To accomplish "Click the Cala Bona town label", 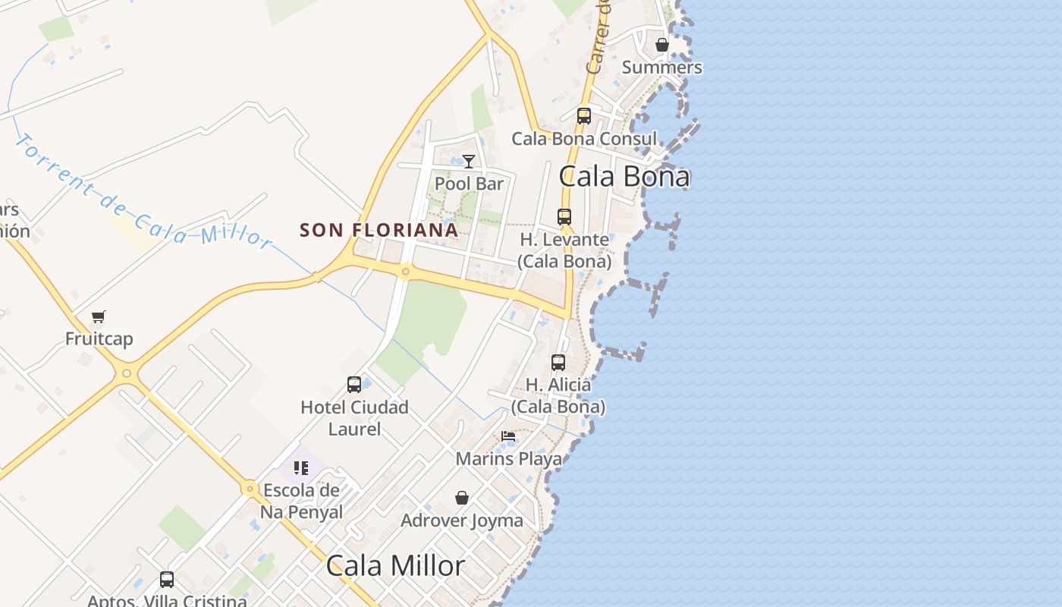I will [624, 176].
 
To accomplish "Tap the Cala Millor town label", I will [395, 566].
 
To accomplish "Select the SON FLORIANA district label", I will [379, 229].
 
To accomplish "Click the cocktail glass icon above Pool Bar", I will [469, 161].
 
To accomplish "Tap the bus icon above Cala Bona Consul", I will [583, 116].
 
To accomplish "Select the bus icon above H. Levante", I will [564, 216].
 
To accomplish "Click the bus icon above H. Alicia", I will [558, 362].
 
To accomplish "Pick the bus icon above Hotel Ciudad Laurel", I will [354, 384].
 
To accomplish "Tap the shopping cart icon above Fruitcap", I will [99, 316].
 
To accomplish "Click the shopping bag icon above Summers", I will [662, 45].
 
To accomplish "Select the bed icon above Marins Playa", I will [508, 436].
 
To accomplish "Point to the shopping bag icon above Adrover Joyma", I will [462, 498].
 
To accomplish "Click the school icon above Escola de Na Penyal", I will [301, 467].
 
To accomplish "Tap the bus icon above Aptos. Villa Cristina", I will [167, 580].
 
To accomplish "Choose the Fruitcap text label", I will [99, 338].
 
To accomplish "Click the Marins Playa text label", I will [508, 458].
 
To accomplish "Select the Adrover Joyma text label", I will [462, 521].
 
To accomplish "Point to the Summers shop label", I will [662, 67].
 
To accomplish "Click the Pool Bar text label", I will [469, 184].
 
